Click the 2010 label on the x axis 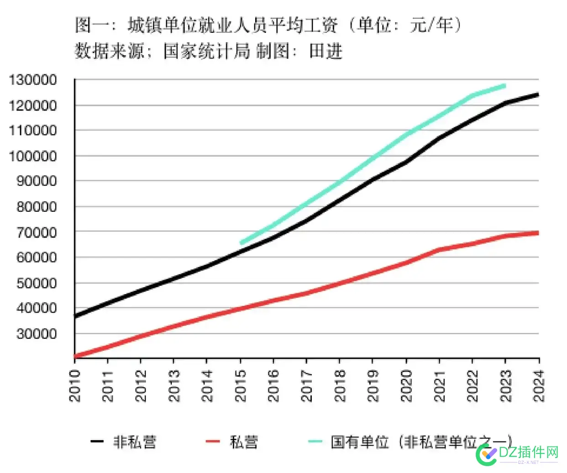[75, 386]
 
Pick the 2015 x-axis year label [241, 386]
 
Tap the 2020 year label [406, 386]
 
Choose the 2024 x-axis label [539, 386]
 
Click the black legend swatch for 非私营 [97, 441]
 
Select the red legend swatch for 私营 [213, 441]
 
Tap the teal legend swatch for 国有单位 [315, 441]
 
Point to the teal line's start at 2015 [241, 242]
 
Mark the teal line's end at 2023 [505, 85]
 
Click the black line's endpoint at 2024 [538, 95]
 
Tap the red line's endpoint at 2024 [538, 233]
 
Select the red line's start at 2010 [76, 356]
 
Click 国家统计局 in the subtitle [207, 51]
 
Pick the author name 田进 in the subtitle [326, 51]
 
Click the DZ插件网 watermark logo [518, 453]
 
